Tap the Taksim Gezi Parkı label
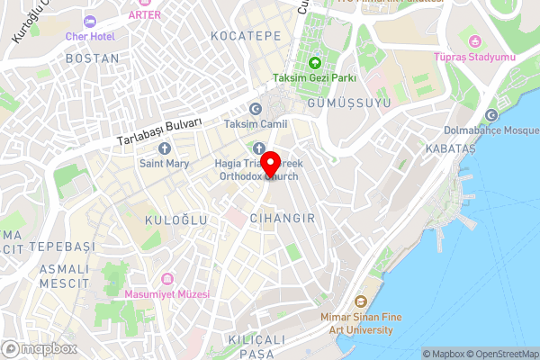tap(316, 77)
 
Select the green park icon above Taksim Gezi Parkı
tap(316, 62)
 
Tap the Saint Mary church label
tap(164, 164)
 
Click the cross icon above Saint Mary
tap(164, 148)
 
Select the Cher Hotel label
tap(89, 35)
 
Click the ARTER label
tap(145, 15)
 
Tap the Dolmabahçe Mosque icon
tap(491, 116)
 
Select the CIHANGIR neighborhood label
tap(282, 218)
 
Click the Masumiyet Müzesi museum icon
tap(166, 279)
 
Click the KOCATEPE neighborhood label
tap(246, 35)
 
